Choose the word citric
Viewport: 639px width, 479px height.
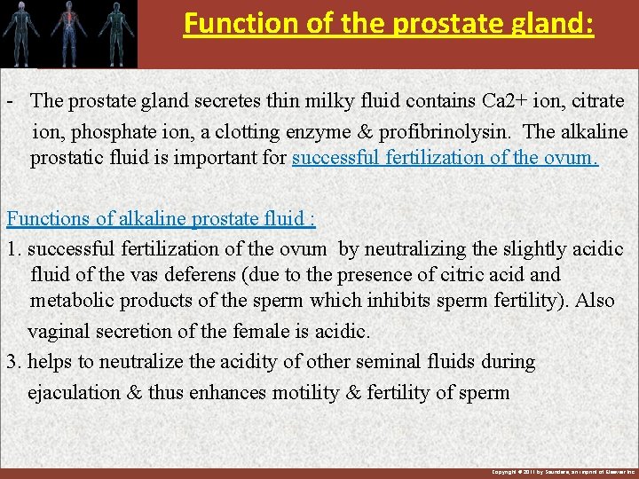tap(461, 275)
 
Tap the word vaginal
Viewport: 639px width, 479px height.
tap(58, 331)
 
